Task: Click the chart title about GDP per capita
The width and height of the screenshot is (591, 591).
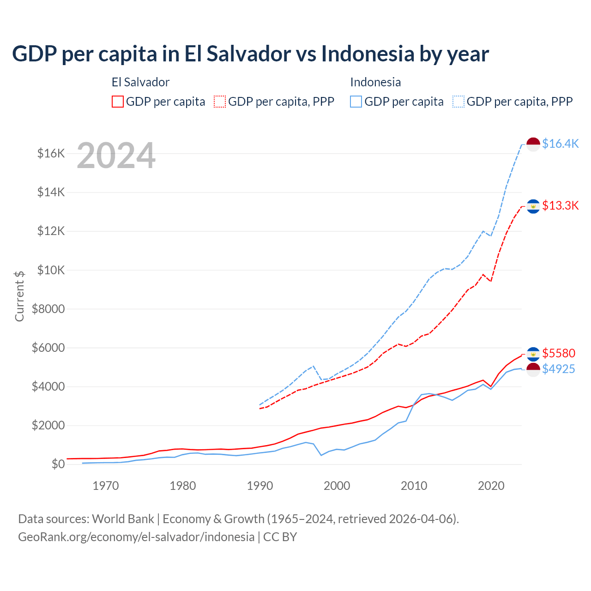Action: (x=250, y=54)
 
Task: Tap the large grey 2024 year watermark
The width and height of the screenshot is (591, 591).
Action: (x=116, y=156)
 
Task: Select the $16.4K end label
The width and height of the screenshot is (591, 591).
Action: (x=560, y=144)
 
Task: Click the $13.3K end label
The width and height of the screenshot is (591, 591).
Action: (x=560, y=206)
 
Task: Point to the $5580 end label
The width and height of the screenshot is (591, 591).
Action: (x=559, y=354)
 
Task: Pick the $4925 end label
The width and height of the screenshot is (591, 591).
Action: (x=559, y=369)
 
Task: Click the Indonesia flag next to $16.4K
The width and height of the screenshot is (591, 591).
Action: (x=533, y=144)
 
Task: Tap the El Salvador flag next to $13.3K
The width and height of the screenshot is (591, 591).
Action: (x=533, y=206)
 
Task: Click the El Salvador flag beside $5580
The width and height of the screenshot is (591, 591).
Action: (x=533, y=354)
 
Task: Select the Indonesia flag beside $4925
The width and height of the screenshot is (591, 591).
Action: (x=533, y=369)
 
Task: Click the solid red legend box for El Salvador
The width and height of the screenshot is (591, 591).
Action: (x=118, y=102)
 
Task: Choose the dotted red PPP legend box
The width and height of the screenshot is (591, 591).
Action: (x=220, y=102)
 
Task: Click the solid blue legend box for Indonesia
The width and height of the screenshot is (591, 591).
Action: (x=356, y=102)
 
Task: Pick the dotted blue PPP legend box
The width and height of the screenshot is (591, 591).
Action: (x=458, y=102)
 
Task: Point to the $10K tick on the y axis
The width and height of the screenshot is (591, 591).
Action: (x=51, y=270)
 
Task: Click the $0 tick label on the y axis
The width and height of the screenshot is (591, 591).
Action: (x=58, y=464)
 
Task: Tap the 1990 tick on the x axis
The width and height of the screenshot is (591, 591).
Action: (x=260, y=486)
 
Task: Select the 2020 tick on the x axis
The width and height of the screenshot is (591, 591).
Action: (x=491, y=486)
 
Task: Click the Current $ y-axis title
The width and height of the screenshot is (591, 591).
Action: (x=19, y=296)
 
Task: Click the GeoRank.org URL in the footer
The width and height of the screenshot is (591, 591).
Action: (x=136, y=537)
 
